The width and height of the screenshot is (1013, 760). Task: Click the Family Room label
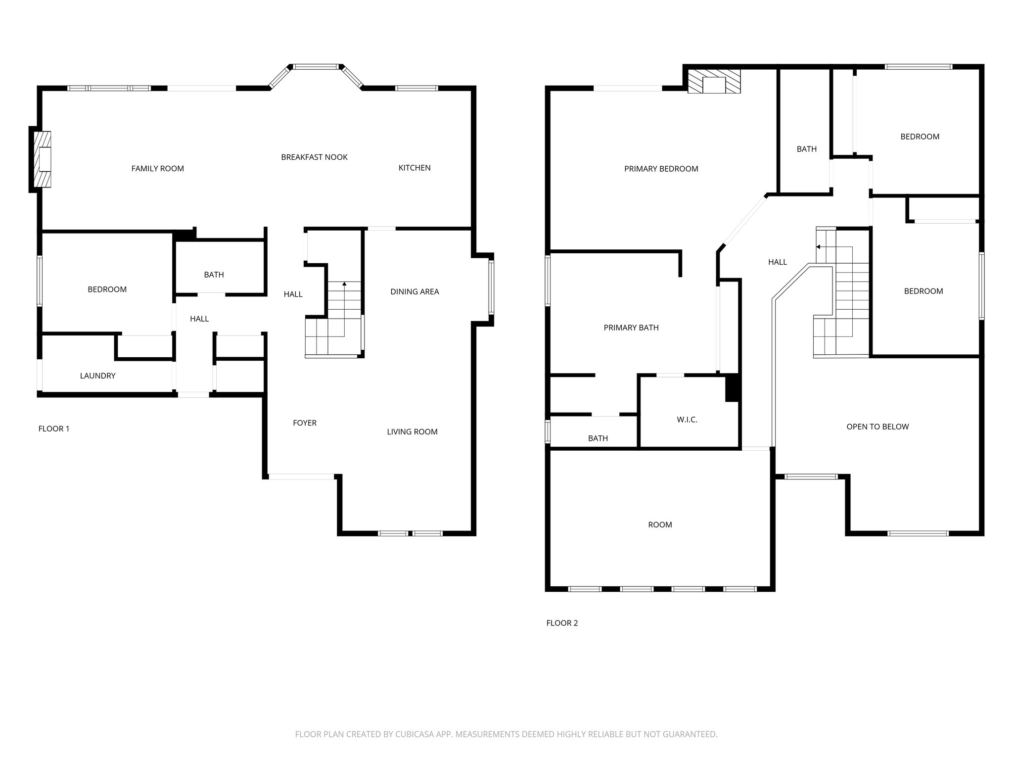(157, 169)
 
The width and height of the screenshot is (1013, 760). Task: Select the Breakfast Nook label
(314, 157)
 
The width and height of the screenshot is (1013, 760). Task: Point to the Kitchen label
(414, 168)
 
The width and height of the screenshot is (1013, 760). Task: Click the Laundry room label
(97, 376)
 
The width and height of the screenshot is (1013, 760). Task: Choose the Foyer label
(304, 423)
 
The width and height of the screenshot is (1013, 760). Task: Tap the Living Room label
(412, 432)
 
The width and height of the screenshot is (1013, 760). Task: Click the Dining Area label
(414, 292)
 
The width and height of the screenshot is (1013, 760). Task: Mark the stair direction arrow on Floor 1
(344, 285)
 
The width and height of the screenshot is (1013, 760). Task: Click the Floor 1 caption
(54, 429)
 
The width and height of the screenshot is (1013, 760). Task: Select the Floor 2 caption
(562, 623)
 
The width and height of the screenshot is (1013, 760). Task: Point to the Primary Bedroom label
(661, 169)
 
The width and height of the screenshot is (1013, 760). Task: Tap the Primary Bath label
(631, 328)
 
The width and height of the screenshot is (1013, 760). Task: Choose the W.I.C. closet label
(687, 420)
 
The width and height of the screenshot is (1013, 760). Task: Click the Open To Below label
(877, 427)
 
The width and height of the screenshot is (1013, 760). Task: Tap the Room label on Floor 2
(660, 525)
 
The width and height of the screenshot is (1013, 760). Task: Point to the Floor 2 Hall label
(777, 262)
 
